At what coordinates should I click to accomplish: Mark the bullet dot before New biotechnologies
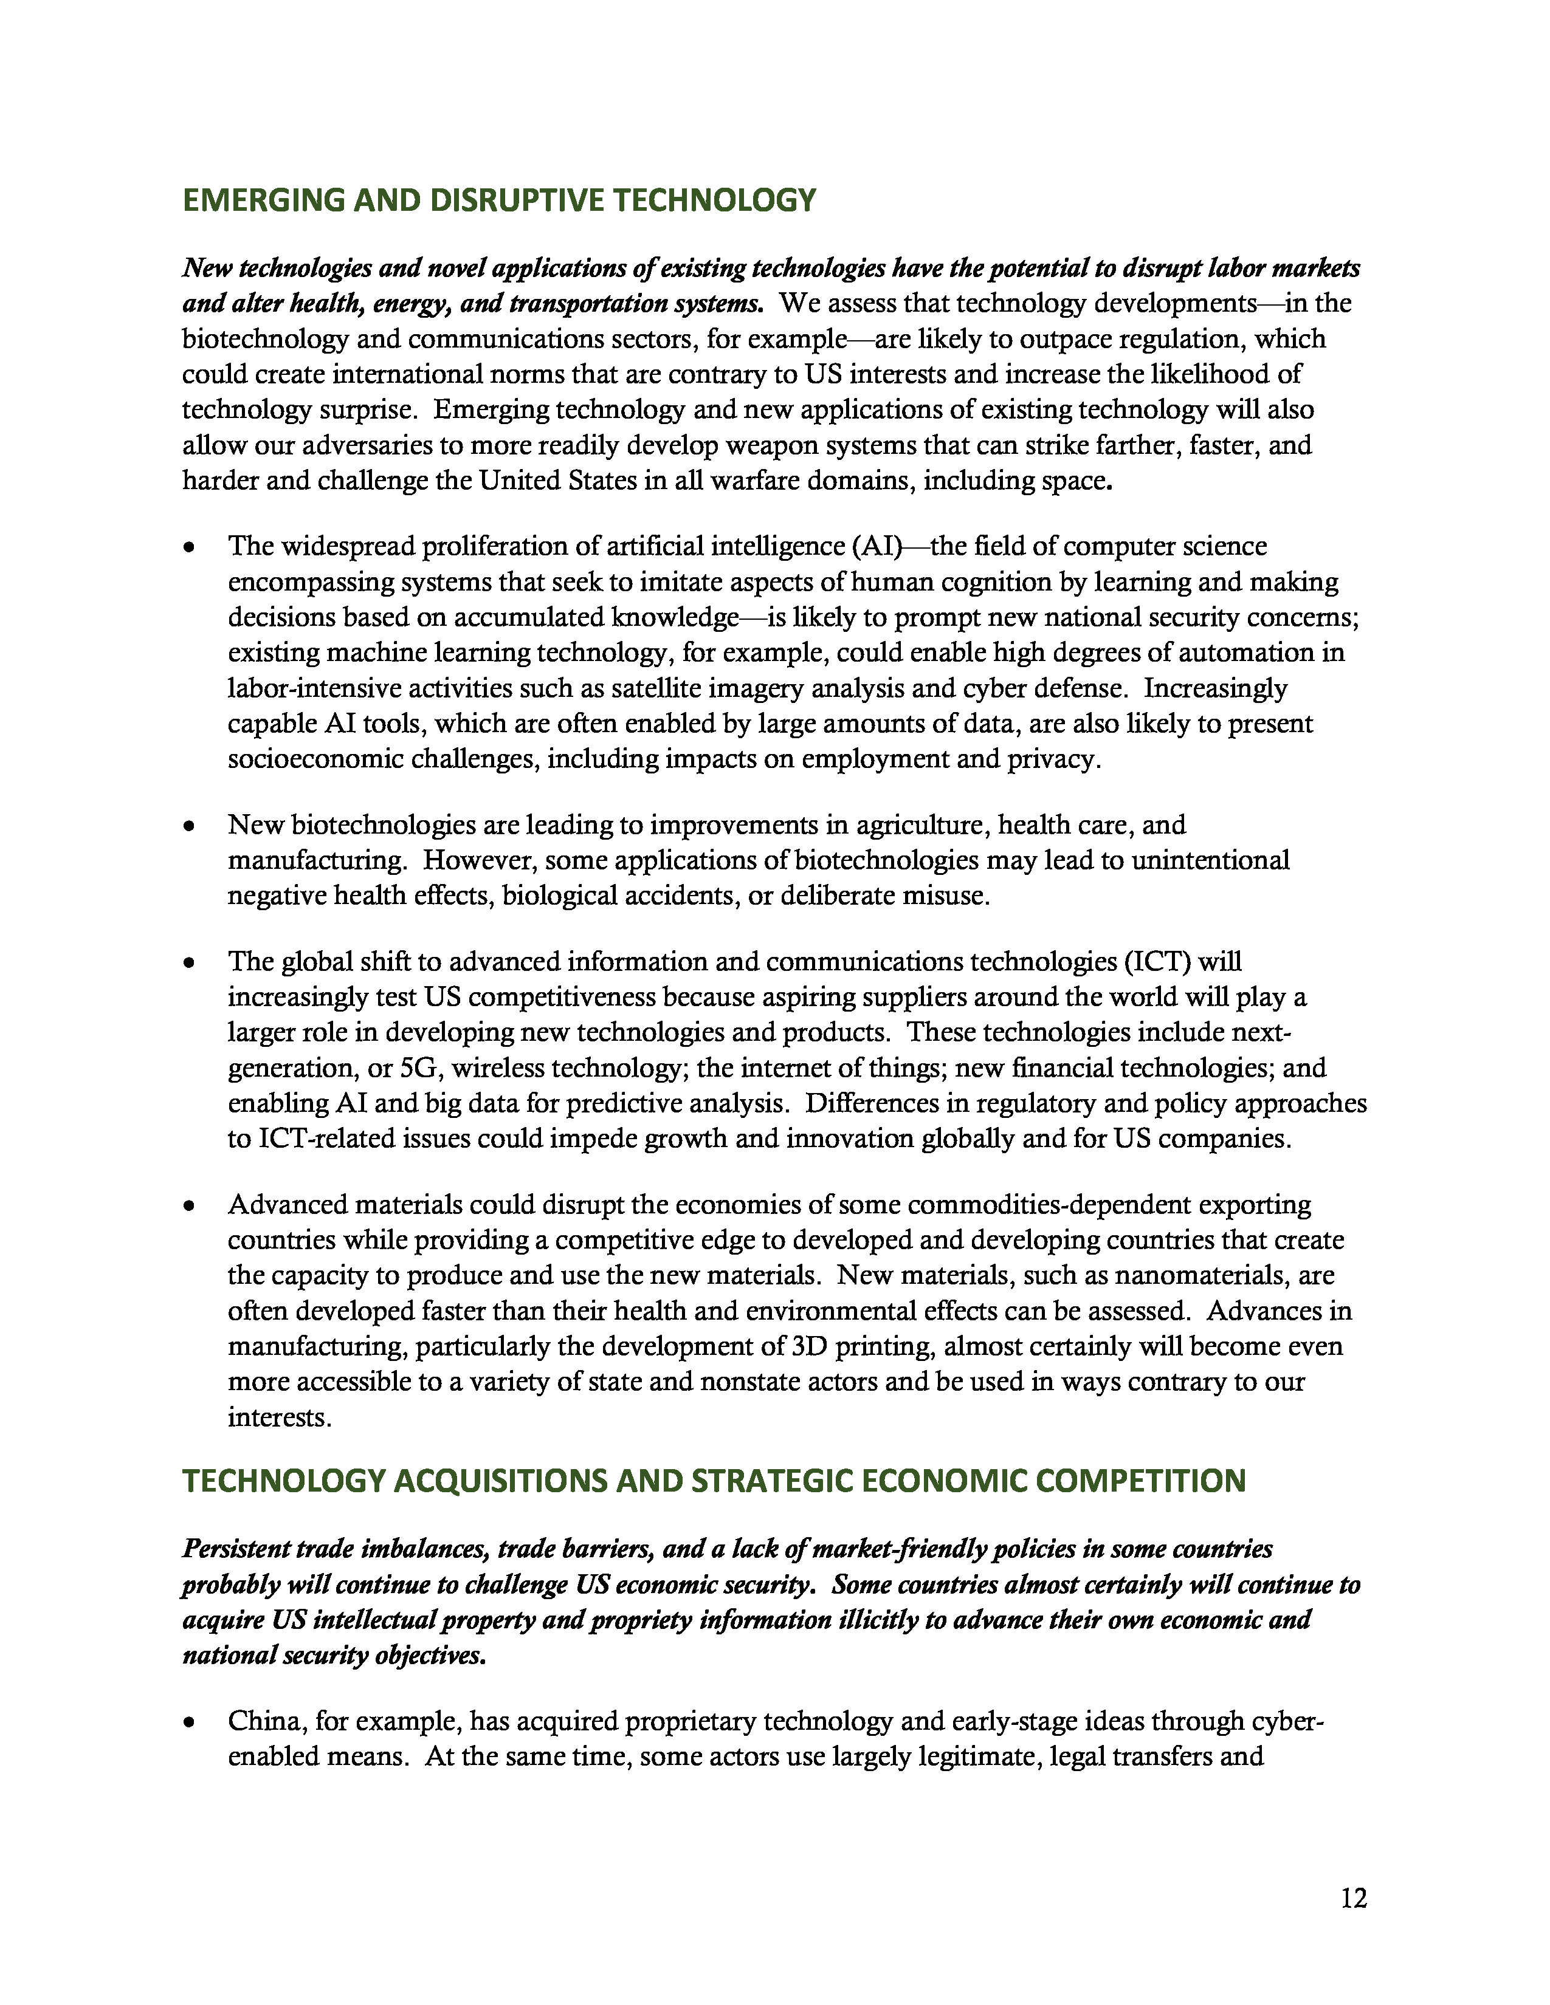189,826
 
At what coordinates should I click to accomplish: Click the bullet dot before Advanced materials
189,1205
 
